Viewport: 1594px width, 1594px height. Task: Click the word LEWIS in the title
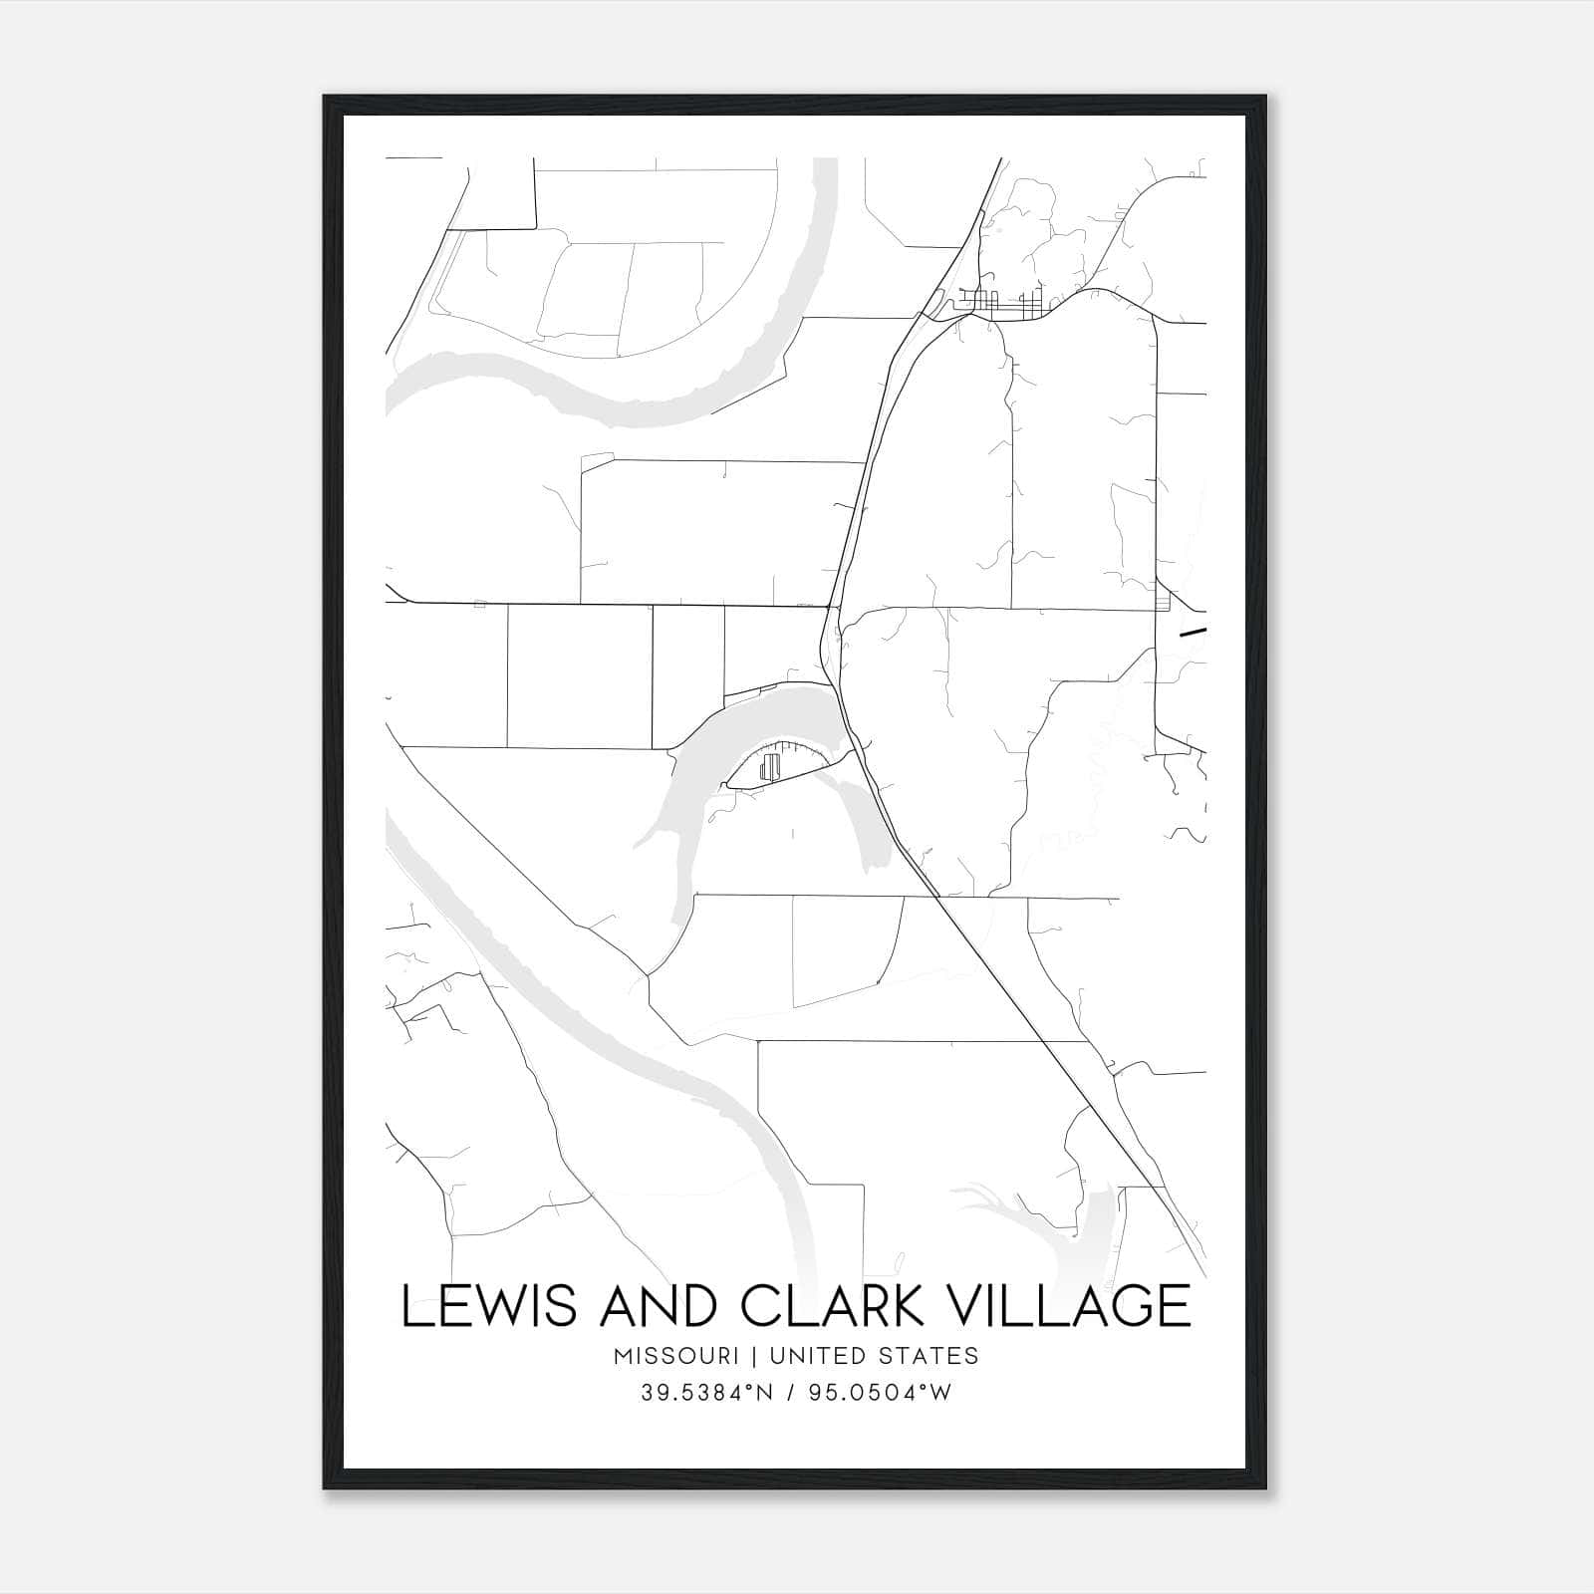[x=488, y=1306]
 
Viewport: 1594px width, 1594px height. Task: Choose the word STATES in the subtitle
[x=929, y=1356]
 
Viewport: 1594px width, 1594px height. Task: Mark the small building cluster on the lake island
[x=768, y=766]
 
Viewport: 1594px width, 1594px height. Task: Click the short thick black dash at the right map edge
[x=1193, y=631]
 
